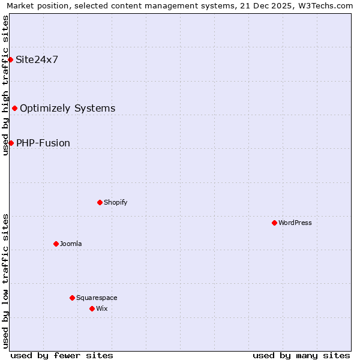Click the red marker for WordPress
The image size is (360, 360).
274,223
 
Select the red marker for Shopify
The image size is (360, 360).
100,202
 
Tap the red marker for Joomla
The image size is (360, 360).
56,244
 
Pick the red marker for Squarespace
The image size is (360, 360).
72,298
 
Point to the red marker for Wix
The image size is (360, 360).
92,308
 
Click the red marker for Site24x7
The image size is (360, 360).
10,59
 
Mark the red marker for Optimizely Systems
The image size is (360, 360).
14,108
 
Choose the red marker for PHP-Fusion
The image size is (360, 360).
11,143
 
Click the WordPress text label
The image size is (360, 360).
295,223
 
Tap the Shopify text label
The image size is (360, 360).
116,202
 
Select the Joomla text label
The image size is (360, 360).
71,244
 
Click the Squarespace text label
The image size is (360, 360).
97,298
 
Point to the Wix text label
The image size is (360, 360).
102,308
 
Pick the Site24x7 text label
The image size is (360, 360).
37,59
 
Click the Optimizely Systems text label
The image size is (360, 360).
68,108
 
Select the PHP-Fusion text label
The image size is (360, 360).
43,143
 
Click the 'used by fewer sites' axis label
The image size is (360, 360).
62,355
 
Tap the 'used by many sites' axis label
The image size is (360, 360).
301,355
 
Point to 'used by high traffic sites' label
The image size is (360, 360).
5,85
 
